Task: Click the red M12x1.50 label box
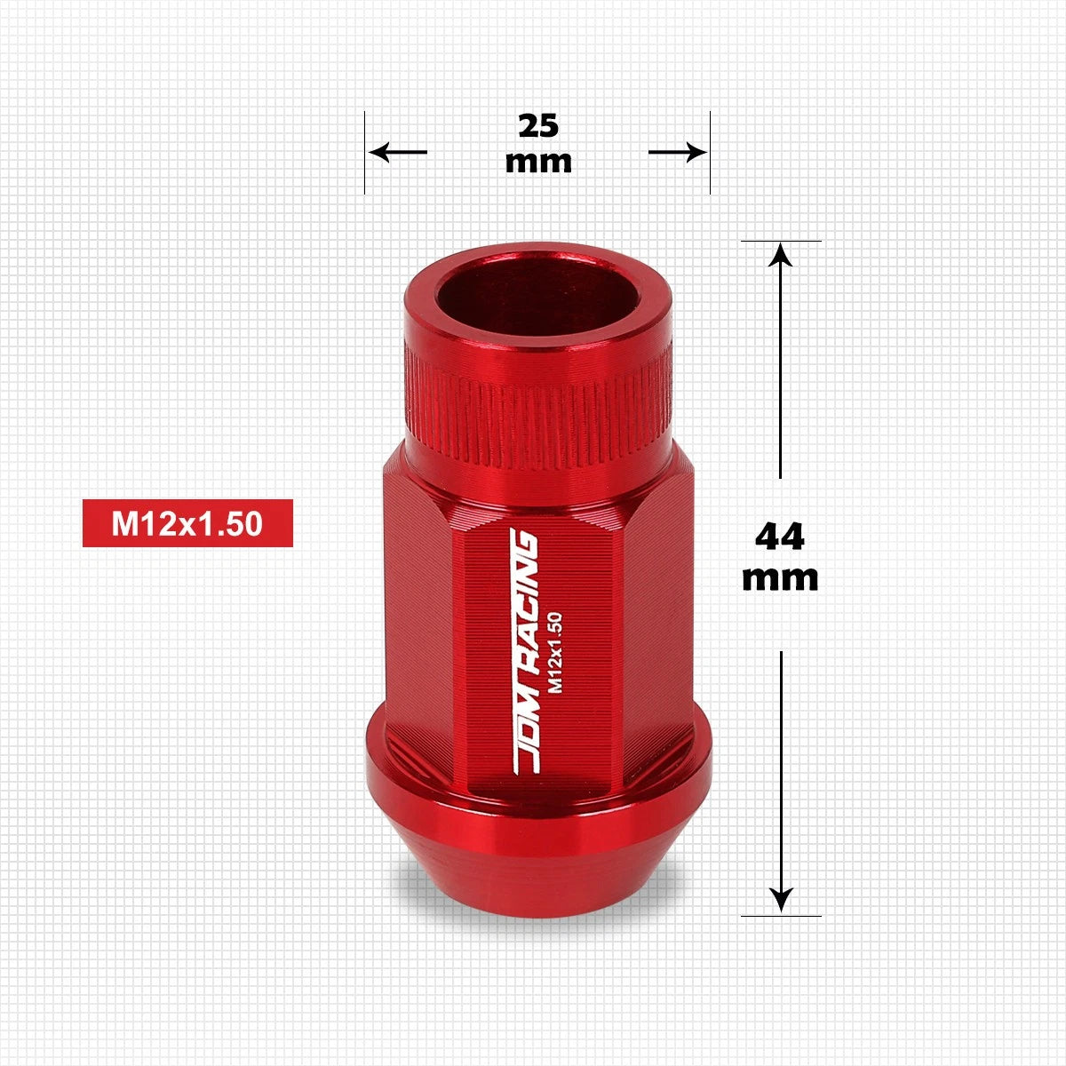pyautogui.click(x=187, y=523)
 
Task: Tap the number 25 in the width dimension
pyautogui.click(x=538, y=126)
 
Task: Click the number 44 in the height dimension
pyautogui.click(x=780, y=537)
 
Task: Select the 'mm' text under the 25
pyautogui.click(x=538, y=163)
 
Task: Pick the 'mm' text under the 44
pyautogui.click(x=780, y=580)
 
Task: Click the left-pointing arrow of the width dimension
pyautogui.click(x=398, y=152)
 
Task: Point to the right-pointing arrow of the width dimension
pyautogui.click(x=678, y=152)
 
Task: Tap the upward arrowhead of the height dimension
pyautogui.click(x=781, y=255)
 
